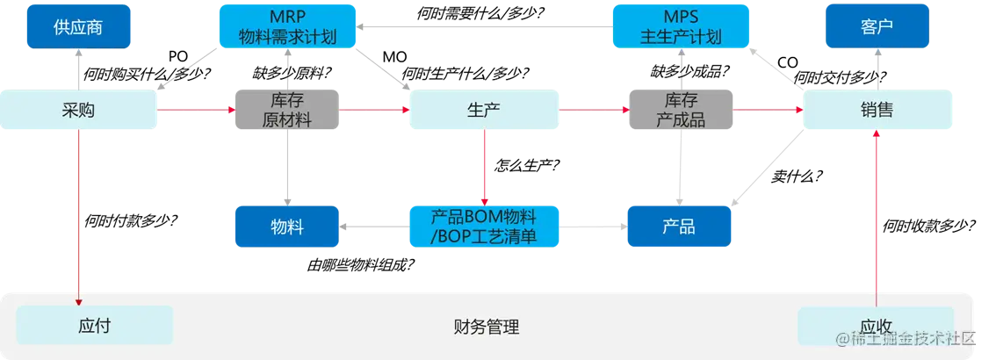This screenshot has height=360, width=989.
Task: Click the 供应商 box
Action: point(78,26)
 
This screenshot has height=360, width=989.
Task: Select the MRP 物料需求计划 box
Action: point(287,26)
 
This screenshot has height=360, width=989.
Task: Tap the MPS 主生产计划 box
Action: point(682,26)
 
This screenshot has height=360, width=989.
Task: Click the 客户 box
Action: point(877,26)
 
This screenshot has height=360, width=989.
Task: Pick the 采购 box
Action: point(79,110)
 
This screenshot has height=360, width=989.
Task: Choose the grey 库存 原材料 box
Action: point(286,110)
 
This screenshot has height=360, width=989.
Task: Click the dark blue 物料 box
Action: point(286,227)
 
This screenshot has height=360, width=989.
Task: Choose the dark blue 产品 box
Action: point(679,227)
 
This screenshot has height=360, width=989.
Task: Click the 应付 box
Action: point(95,326)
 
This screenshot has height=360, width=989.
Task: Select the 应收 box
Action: point(876,326)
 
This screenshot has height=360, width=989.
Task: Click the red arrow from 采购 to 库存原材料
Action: point(197,110)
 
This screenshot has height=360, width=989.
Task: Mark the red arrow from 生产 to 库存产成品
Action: point(594,110)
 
